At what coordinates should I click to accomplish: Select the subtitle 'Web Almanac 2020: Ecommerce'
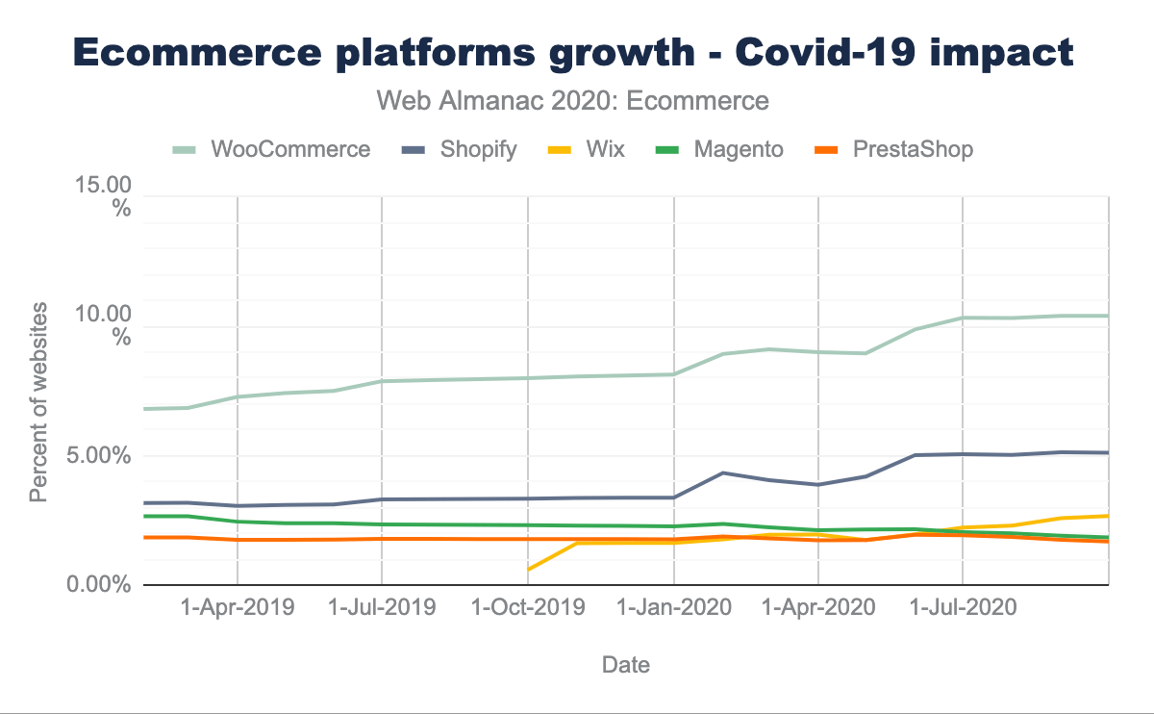[x=574, y=100]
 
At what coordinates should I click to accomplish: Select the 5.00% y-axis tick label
[x=96, y=455]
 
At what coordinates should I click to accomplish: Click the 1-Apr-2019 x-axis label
[x=237, y=608]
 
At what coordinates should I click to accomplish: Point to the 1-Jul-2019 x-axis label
[x=382, y=608]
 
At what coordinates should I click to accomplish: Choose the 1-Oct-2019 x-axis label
[x=528, y=608]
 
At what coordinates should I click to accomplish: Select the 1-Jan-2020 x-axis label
[x=674, y=608]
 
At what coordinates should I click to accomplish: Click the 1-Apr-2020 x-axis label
[x=817, y=608]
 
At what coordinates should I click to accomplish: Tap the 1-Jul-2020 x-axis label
[x=963, y=608]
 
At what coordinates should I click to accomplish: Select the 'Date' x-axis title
[x=625, y=664]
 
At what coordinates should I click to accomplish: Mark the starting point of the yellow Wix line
[x=528, y=570]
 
